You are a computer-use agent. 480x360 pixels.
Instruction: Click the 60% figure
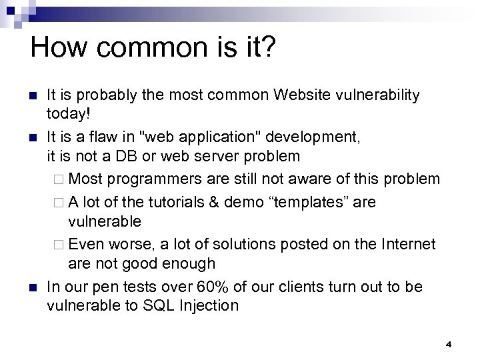tap(211, 287)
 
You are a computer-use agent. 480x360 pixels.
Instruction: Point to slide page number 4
tap(449, 344)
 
